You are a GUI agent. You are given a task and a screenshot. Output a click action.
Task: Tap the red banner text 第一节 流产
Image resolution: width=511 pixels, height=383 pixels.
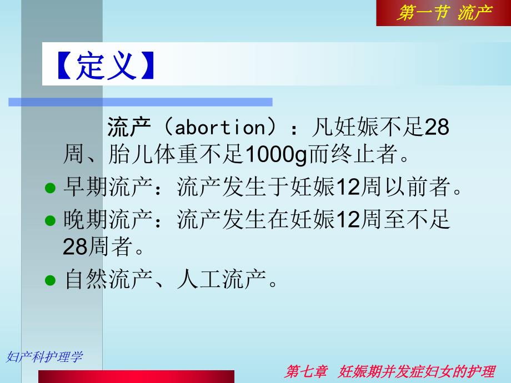pos(443,13)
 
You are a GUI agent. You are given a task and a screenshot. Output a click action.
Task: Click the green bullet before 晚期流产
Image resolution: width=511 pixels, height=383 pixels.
pos(50,220)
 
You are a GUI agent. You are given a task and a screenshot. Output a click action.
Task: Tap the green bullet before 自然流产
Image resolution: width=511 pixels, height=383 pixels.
pos(50,279)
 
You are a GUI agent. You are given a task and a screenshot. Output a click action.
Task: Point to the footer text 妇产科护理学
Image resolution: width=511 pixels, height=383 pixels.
pos(44,357)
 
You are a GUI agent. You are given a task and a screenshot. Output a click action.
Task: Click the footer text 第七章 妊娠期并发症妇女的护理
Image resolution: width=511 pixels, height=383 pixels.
pos(389,371)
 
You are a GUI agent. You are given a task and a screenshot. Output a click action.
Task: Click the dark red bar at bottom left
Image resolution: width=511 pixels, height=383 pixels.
pos(136,376)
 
